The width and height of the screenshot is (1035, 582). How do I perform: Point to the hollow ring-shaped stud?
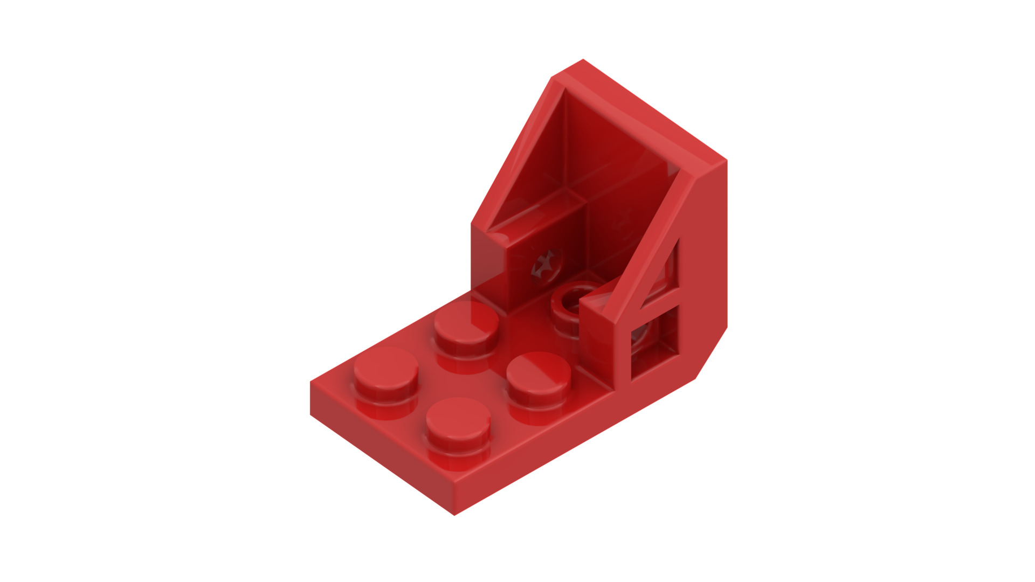pyautogui.click(x=572, y=296)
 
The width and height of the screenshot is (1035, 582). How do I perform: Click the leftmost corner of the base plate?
pyautogui.click(x=310, y=383)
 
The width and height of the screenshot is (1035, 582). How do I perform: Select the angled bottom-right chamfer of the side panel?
pyautogui.click(x=712, y=353)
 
